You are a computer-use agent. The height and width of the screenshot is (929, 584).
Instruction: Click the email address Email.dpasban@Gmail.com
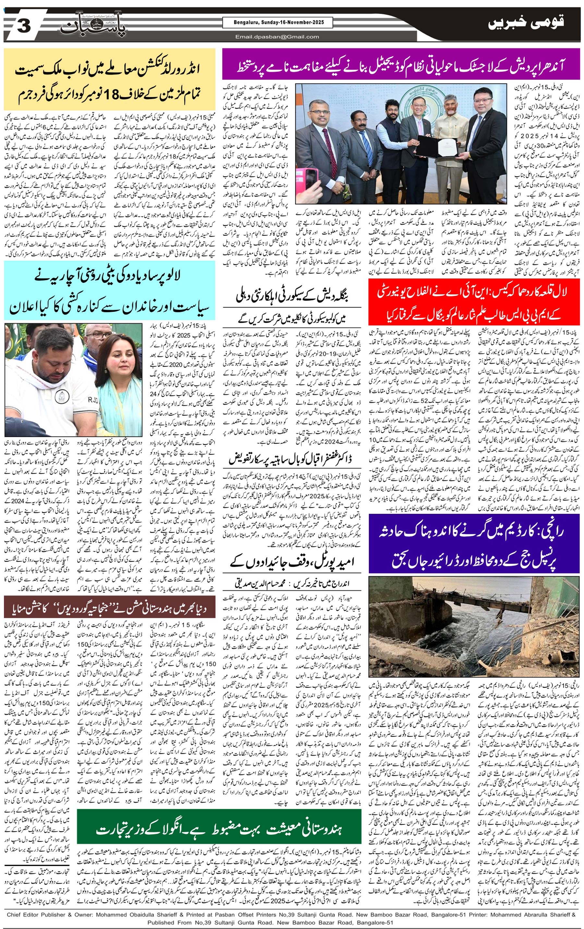pos(277,37)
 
